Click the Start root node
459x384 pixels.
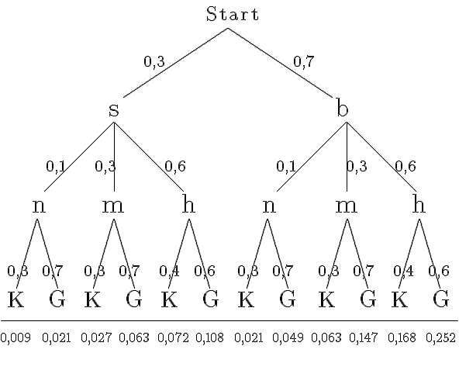coord(233,14)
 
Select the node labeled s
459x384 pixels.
coord(114,110)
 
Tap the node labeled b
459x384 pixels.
coord(343,107)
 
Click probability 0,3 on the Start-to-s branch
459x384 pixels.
coord(154,62)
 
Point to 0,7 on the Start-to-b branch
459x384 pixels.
coord(304,62)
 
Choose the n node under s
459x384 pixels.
coord(39,206)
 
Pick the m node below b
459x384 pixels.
coord(346,206)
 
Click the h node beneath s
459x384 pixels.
coord(188,203)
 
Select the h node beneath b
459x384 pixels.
coord(419,203)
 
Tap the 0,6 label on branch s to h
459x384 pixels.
coord(175,166)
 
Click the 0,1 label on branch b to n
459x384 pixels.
coord(286,166)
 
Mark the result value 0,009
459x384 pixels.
coord(16,337)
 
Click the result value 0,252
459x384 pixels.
coord(440,337)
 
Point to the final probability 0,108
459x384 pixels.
coord(209,337)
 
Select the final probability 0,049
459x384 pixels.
coord(288,337)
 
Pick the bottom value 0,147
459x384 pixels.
coord(364,337)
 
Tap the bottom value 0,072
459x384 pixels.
coord(173,337)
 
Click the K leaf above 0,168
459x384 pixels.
coord(400,299)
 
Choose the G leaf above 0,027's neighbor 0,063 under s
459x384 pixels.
coord(134,299)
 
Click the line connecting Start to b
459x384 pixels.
coord(280,63)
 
